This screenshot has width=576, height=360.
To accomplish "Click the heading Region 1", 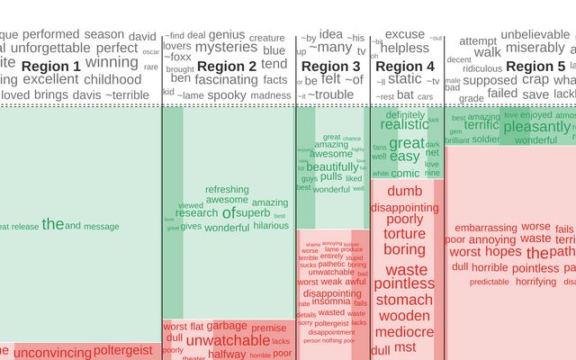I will [x=51, y=67].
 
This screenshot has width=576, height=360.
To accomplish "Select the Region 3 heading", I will [x=330, y=67].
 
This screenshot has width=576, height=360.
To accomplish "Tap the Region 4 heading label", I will [x=404, y=67].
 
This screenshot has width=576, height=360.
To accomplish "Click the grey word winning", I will [x=112, y=62].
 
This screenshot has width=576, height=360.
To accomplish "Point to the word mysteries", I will [x=226, y=47].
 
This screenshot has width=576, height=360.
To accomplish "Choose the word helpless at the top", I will [x=405, y=48].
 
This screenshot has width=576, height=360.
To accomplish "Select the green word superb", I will [x=253, y=213].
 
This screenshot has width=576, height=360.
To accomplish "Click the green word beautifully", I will [x=332, y=166].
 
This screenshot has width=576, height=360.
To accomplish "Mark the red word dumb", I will [x=404, y=191].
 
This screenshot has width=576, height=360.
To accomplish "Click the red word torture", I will [x=404, y=234].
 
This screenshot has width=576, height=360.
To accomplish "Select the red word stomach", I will [x=404, y=300].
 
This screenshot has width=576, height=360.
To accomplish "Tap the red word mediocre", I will [x=404, y=331].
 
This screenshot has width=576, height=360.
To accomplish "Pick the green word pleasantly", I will [x=536, y=127].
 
